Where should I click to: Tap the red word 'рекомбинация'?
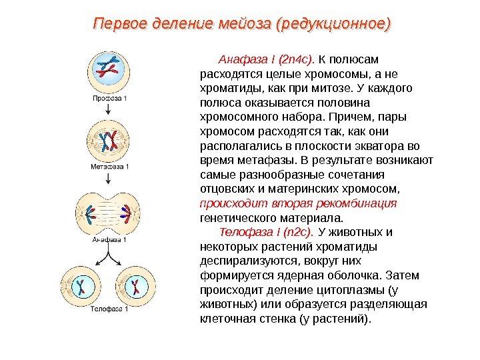click(365, 203)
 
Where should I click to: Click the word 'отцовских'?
click(226, 189)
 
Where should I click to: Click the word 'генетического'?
click(236, 217)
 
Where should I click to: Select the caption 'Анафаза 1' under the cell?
click(109, 238)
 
